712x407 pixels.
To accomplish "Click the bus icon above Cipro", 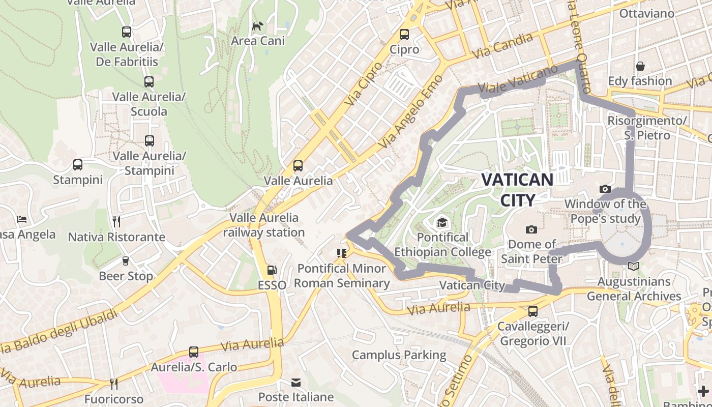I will point(404,35).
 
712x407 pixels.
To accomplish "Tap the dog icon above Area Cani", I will point(258,25).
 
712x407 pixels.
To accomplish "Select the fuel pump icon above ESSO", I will point(272,270).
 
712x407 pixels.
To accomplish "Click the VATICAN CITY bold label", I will point(517,190).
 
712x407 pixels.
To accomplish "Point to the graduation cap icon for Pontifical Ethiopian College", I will point(442,223).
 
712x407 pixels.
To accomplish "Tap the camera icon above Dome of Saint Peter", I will point(531,229).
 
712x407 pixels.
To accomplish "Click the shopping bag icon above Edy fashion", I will point(640,66).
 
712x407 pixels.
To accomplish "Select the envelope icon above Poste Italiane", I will point(296,382).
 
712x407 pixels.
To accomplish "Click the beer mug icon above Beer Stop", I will point(126,261).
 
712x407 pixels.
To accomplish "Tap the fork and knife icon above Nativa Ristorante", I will point(116,222).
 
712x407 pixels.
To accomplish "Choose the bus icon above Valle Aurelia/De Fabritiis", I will point(127,32).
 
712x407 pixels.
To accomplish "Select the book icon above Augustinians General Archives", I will point(633,266).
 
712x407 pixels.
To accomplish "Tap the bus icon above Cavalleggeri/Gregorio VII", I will point(532,311).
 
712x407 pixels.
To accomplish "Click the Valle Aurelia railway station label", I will point(263,225).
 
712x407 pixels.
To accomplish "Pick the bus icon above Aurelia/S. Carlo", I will point(194,352).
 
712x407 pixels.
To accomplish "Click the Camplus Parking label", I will point(399,355).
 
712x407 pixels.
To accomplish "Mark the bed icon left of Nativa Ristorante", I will point(22,219).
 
